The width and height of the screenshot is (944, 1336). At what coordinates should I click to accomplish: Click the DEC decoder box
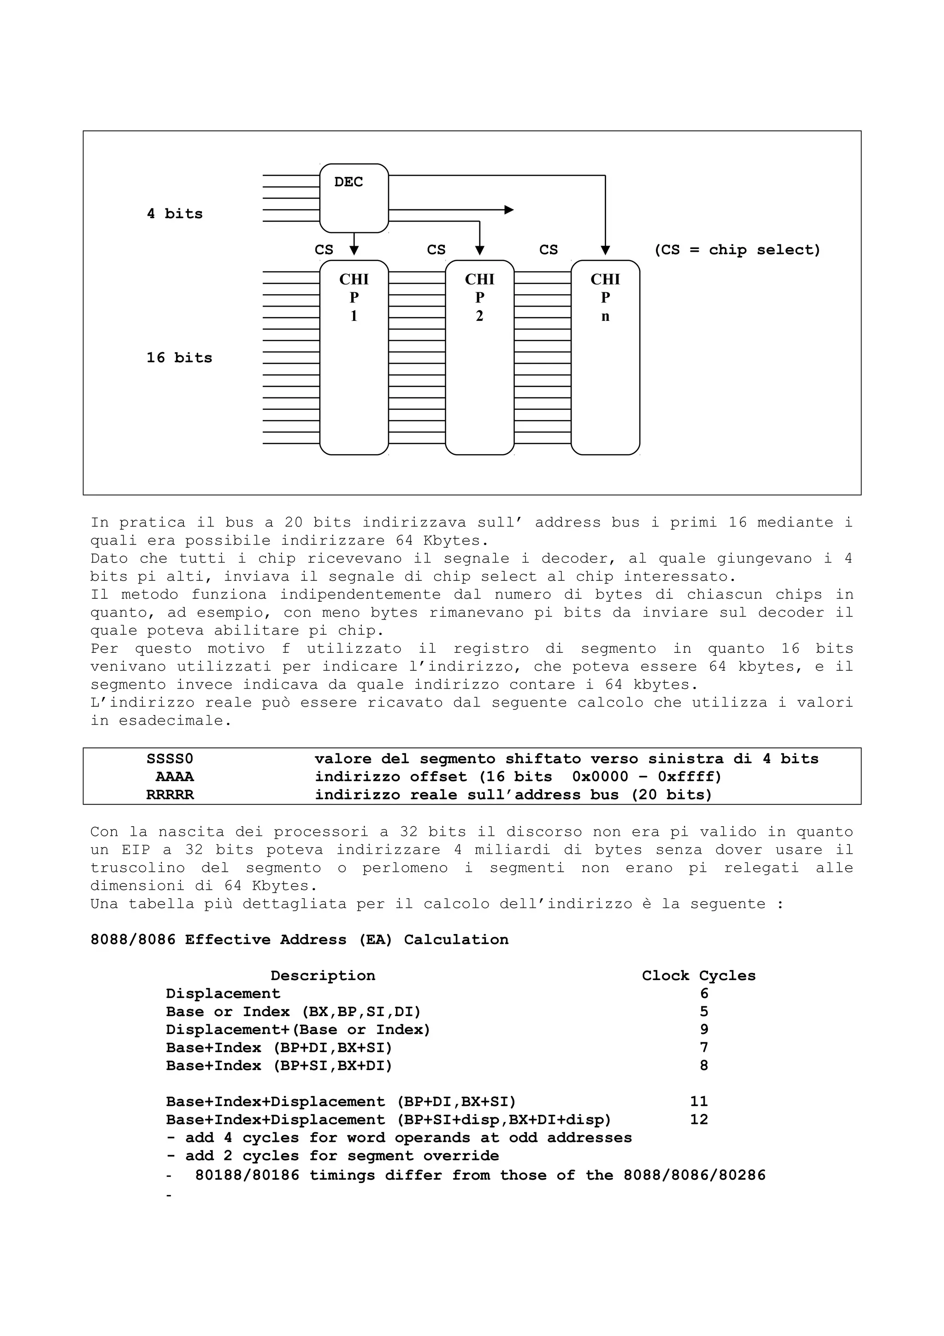(x=354, y=198)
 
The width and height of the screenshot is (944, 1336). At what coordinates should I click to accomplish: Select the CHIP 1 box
(x=354, y=357)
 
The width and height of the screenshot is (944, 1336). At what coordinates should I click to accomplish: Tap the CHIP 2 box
(x=479, y=357)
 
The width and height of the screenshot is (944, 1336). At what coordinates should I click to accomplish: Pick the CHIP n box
(x=605, y=357)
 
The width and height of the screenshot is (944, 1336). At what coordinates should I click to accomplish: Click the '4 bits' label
(x=175, y=213)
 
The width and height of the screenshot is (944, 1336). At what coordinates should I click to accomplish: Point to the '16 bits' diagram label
(x=179, y=357)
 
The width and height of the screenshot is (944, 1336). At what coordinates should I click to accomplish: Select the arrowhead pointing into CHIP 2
(x=480, y=250)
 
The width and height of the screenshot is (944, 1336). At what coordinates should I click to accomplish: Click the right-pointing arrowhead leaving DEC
(x=509, y=209)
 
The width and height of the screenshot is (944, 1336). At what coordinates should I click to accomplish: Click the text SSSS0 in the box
(x=169, y=759)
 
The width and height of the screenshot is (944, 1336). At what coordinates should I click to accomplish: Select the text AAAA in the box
(x=175, y=777)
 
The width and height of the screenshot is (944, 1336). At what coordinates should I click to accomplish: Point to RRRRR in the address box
(x=169, y=795)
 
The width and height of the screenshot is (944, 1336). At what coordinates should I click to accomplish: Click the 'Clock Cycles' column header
(x=698, y=976)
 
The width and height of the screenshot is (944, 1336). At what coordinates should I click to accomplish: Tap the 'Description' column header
(x=323, y=976)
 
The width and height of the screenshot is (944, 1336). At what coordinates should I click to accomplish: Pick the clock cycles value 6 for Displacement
(x=704, y=994)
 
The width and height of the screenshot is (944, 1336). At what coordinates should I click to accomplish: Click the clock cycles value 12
(x=698, y=1119)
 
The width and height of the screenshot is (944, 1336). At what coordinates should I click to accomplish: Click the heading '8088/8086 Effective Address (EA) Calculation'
(x=299, y=940)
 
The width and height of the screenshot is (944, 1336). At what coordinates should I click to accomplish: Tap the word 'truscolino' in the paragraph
(x=137, y=868)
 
